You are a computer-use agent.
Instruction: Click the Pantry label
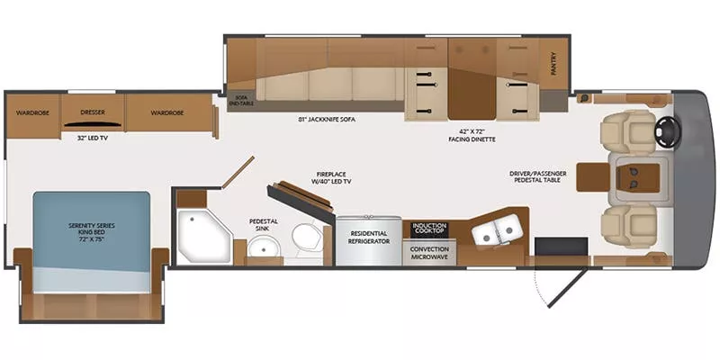[x=553, y=65]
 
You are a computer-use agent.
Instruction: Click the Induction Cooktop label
[x=429, y=229]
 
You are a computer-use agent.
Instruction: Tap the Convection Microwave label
[x=429, y=252]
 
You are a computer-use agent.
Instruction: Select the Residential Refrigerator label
[x=369, y=238]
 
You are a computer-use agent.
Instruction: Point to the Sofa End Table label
[x=240, y=100]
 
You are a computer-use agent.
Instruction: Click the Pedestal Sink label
[x=263, y=225]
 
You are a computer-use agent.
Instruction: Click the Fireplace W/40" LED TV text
[x=331, y=177]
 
